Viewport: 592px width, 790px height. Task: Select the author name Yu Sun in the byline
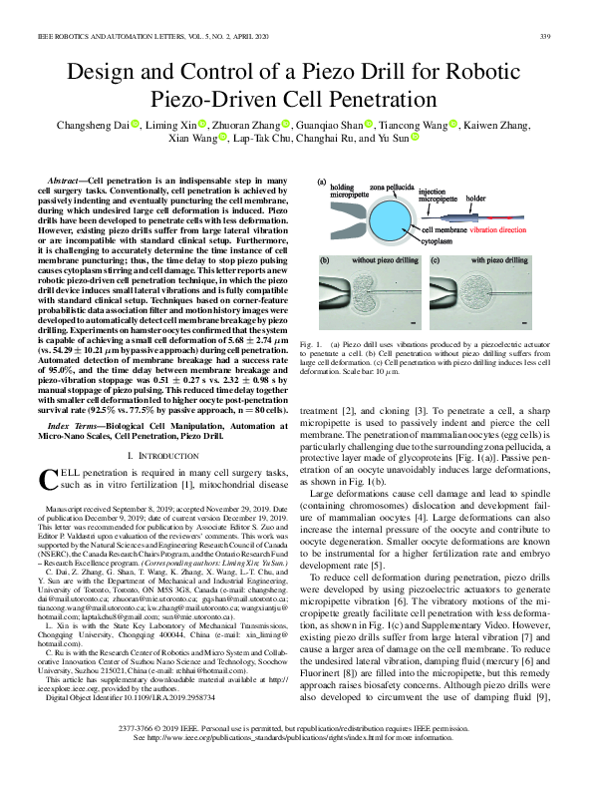point(384,142)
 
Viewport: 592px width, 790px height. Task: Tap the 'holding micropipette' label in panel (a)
point(342,191)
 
